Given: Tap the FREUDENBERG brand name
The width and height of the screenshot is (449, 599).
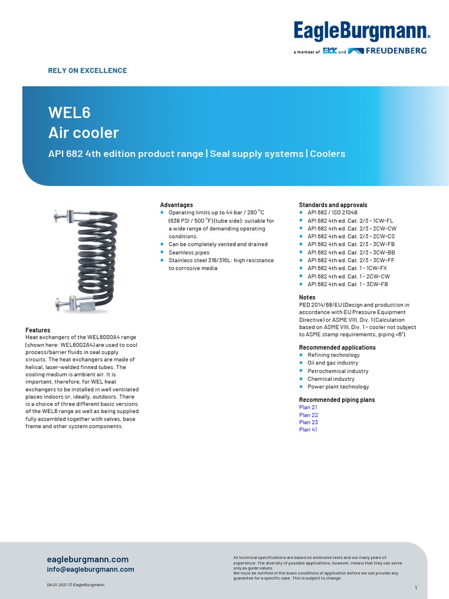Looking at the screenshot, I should click(396, 51).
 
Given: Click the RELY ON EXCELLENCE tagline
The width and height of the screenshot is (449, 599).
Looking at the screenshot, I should click(87, 71).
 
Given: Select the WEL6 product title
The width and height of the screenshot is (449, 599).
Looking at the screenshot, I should click(69, 112).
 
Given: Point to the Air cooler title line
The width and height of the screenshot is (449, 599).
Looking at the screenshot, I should click(83, 133).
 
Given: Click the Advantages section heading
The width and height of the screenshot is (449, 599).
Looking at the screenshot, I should click(177, 205).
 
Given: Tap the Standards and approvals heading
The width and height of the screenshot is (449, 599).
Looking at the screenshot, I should click(333, 205).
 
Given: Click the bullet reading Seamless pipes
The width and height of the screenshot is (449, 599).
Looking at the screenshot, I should click(188, 252).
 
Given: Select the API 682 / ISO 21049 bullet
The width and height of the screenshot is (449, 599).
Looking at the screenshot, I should click(332, 213).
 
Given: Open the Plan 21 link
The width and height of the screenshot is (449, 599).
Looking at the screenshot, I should click(308, 407).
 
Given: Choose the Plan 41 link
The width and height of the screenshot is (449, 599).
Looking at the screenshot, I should click(308, 429).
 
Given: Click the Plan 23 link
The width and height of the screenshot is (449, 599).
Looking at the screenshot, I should click(308, 422).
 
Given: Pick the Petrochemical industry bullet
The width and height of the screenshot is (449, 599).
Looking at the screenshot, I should click(338, 371).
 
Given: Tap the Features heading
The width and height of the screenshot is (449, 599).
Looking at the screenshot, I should click(38, 330).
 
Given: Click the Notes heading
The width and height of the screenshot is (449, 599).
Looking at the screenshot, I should click(307, 297).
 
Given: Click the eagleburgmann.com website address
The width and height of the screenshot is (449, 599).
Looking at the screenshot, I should click(88, 559).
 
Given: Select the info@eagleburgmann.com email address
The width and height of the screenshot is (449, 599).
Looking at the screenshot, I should click(91, 569).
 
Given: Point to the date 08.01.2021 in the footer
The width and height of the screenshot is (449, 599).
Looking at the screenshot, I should click(58, 585).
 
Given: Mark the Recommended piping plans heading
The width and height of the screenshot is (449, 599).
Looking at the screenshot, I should click(337, 400).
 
